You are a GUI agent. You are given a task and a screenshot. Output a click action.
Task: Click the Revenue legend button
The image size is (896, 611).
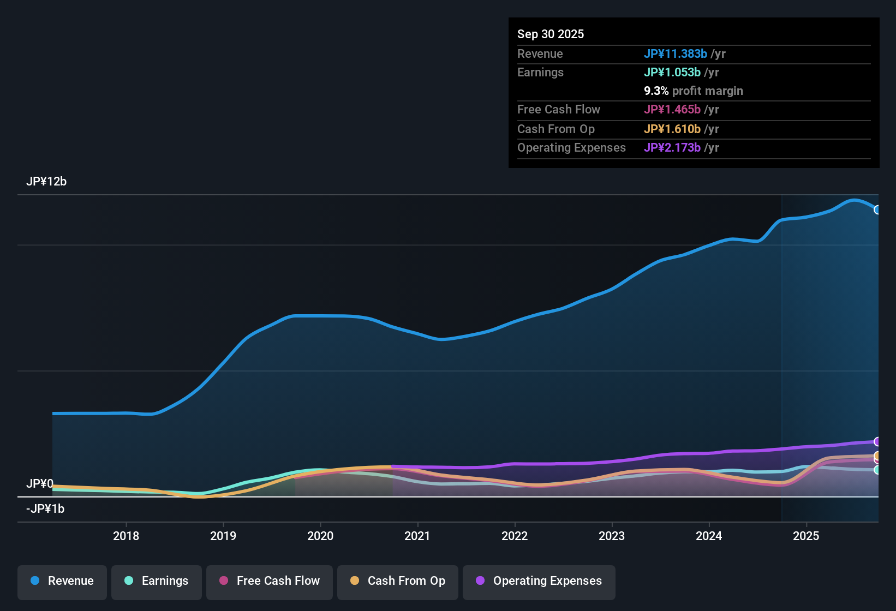(62, 581)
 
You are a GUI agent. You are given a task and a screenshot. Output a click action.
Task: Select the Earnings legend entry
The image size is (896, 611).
(157, 581)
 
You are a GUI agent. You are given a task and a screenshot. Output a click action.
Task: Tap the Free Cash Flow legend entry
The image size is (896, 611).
(270, 581)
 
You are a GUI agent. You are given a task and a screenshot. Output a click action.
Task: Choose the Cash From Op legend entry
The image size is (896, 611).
(398, 581)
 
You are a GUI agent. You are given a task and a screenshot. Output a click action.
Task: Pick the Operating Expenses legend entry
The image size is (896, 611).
(539, 581)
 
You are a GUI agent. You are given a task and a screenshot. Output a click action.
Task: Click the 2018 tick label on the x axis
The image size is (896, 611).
(126, 536)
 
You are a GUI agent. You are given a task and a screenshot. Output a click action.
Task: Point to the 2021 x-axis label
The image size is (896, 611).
(417, 536)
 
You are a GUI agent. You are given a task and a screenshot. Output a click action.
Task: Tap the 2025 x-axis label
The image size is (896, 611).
(806, 536)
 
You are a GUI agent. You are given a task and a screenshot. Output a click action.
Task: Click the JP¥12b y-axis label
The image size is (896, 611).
(46, 182)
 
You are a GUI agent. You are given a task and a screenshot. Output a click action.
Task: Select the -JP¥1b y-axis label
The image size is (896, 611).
(45, 509)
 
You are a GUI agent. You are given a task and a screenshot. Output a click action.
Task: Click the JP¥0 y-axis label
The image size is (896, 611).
(40, 484)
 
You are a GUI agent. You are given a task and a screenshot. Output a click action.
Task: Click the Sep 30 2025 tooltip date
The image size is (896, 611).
(551, 34)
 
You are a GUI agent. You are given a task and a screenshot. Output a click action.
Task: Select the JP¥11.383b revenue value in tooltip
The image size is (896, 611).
(676, 54)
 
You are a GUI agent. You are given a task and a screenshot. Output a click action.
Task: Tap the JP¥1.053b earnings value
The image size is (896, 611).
(672, 73)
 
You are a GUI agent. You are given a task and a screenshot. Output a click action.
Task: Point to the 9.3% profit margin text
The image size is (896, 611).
(694, 91)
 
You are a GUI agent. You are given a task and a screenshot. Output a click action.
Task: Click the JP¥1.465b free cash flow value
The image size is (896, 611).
(672, 110)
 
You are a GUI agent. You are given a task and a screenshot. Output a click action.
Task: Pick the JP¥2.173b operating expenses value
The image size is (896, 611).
(672, 148)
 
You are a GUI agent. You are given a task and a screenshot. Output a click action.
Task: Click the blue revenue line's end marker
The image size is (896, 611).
(877, 210)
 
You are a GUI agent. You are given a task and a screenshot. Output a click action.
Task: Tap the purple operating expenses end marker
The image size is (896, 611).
(877, 441)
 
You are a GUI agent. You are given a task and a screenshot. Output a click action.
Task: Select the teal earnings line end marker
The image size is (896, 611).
(877, 470)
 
